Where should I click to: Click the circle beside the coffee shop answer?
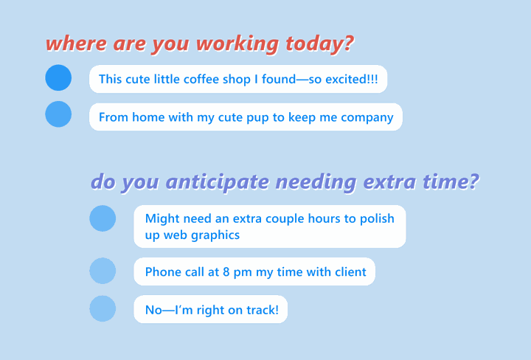(x=58, y=77)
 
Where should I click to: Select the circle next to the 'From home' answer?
(x=58, y=114)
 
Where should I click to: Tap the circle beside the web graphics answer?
(x=103, y=218)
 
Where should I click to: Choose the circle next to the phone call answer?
(x=103, y=271)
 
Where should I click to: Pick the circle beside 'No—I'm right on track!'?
(x=103, y=308)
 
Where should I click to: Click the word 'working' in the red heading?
(x=237, y=44)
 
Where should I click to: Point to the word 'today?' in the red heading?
(x=319, y=43)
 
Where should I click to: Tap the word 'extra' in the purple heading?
(x=389, y=181)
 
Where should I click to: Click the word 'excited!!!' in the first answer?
(x=352, y=79)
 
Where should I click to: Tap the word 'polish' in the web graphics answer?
(x=377, y=219)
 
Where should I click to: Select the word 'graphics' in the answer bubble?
(x=215, y=235)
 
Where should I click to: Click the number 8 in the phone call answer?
(x=226, y=272)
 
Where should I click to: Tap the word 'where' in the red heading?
(x=77, y=44)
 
